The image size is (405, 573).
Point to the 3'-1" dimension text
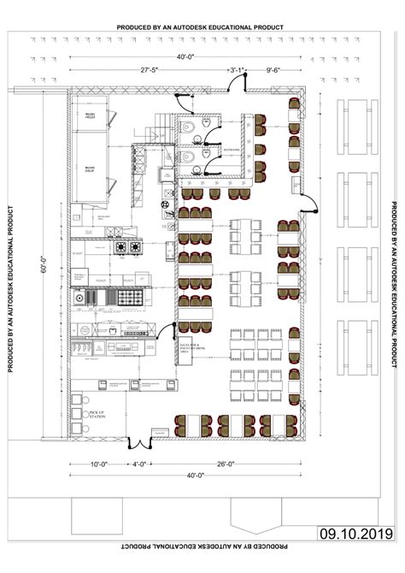point(237,68)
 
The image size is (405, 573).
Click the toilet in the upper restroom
point(196,126)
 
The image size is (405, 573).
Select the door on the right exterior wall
point(309,205)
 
